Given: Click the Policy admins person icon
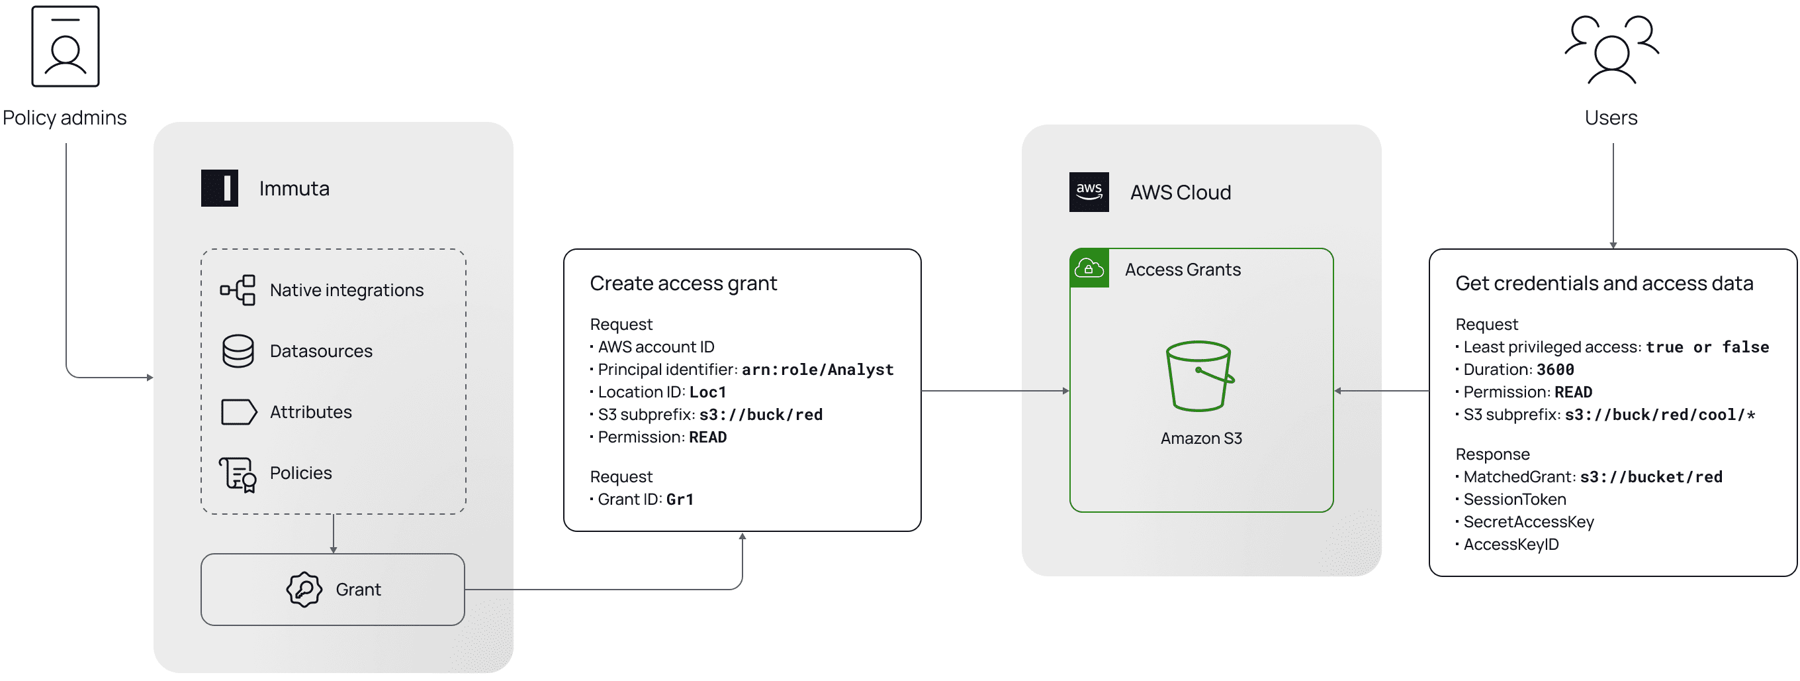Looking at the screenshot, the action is click(65, 46).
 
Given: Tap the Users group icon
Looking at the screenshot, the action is click(1611, 49).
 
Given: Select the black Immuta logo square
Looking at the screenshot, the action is click(220, 188).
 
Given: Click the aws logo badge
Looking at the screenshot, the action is click(1089, 192).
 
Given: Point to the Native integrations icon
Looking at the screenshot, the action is click(238, 290).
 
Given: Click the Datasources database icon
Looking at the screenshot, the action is click(238, 351).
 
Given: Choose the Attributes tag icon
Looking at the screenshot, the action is click(239, 413).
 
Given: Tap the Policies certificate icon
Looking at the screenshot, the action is click(238, 475).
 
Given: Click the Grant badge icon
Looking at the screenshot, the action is click(304, 590).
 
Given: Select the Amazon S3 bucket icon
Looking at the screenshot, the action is click(1200, 376).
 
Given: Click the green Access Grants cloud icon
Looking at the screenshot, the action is click(1089, 268).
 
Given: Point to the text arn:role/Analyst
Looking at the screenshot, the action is click(817, 370).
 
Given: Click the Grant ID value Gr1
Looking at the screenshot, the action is click(680, 500).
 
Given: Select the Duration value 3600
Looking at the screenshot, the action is click(1555, 370).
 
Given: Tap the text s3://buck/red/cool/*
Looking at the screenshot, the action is click(1660, 415).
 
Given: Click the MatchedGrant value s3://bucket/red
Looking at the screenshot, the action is click(1651, 478).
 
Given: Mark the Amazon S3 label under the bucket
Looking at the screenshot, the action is click(1201, 439).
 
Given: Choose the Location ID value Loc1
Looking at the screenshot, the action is click(708, 392).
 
